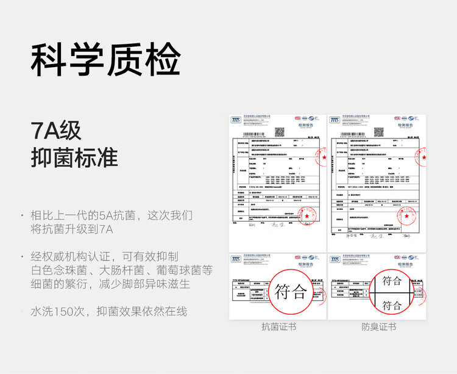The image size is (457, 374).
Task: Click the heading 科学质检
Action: coord(105,59)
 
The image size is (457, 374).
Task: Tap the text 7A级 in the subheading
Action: coord(56,130)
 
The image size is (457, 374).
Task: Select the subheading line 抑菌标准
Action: coord(74,157)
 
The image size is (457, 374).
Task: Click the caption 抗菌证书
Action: coord(278,327)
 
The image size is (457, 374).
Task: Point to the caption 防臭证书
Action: coord(378,327)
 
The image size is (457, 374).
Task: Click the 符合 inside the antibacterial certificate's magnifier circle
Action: coord(291,291)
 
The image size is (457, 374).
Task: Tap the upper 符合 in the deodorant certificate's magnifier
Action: coord(392,281)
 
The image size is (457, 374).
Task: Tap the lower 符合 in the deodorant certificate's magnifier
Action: coord(392,306)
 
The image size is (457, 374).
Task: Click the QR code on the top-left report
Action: coord(280,132)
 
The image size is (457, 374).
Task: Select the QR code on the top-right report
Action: coord(378,132)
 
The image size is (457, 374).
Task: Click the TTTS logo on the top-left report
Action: coord(236,120)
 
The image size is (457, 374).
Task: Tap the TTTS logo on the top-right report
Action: coord(335,120)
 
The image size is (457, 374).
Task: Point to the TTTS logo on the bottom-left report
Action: coord(236,259)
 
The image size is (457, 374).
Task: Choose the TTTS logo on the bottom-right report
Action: coord(335,259)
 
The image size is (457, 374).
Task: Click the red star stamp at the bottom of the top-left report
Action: coord(309,216)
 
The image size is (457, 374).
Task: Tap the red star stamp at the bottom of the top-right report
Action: coord(406,216)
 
